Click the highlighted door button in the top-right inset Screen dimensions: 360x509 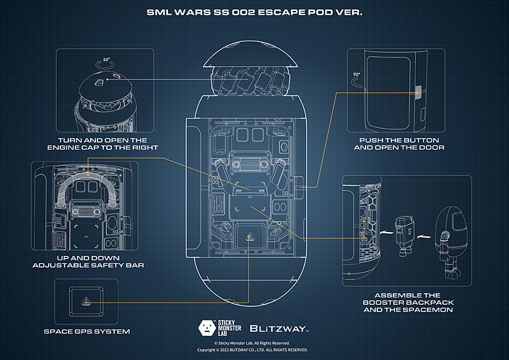click(417, 93)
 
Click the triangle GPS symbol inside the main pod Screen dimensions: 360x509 click(249, 236)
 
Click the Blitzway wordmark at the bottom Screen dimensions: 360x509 click(280, 327)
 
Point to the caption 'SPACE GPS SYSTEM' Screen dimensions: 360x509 click(87, 332)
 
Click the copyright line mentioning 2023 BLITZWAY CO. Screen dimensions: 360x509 click(254, 351)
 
